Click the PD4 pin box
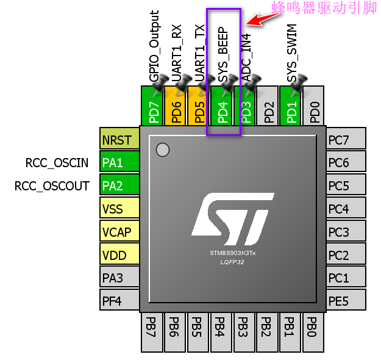[x=223, y=106]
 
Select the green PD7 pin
[x=153, y=106]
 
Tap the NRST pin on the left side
[x=119, y=140]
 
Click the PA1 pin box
[x=119, y=163]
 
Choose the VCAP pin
[x=119, y=232]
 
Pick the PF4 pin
[x=119, y=301]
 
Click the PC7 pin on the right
[x=346, y=140]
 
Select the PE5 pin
[x=346, y=301]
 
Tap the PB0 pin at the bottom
[x=312, y=333]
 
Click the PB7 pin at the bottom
[x=152, y=333]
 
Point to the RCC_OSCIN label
[x=57, y=163]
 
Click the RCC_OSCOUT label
[x=52, y=186]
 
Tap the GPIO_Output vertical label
[x=154, y=46]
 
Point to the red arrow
[x=266, y=18]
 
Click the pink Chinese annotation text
[x=324, y=8]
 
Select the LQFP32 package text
[x=233, y=261]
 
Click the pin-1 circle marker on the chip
[x=162, y=149]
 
